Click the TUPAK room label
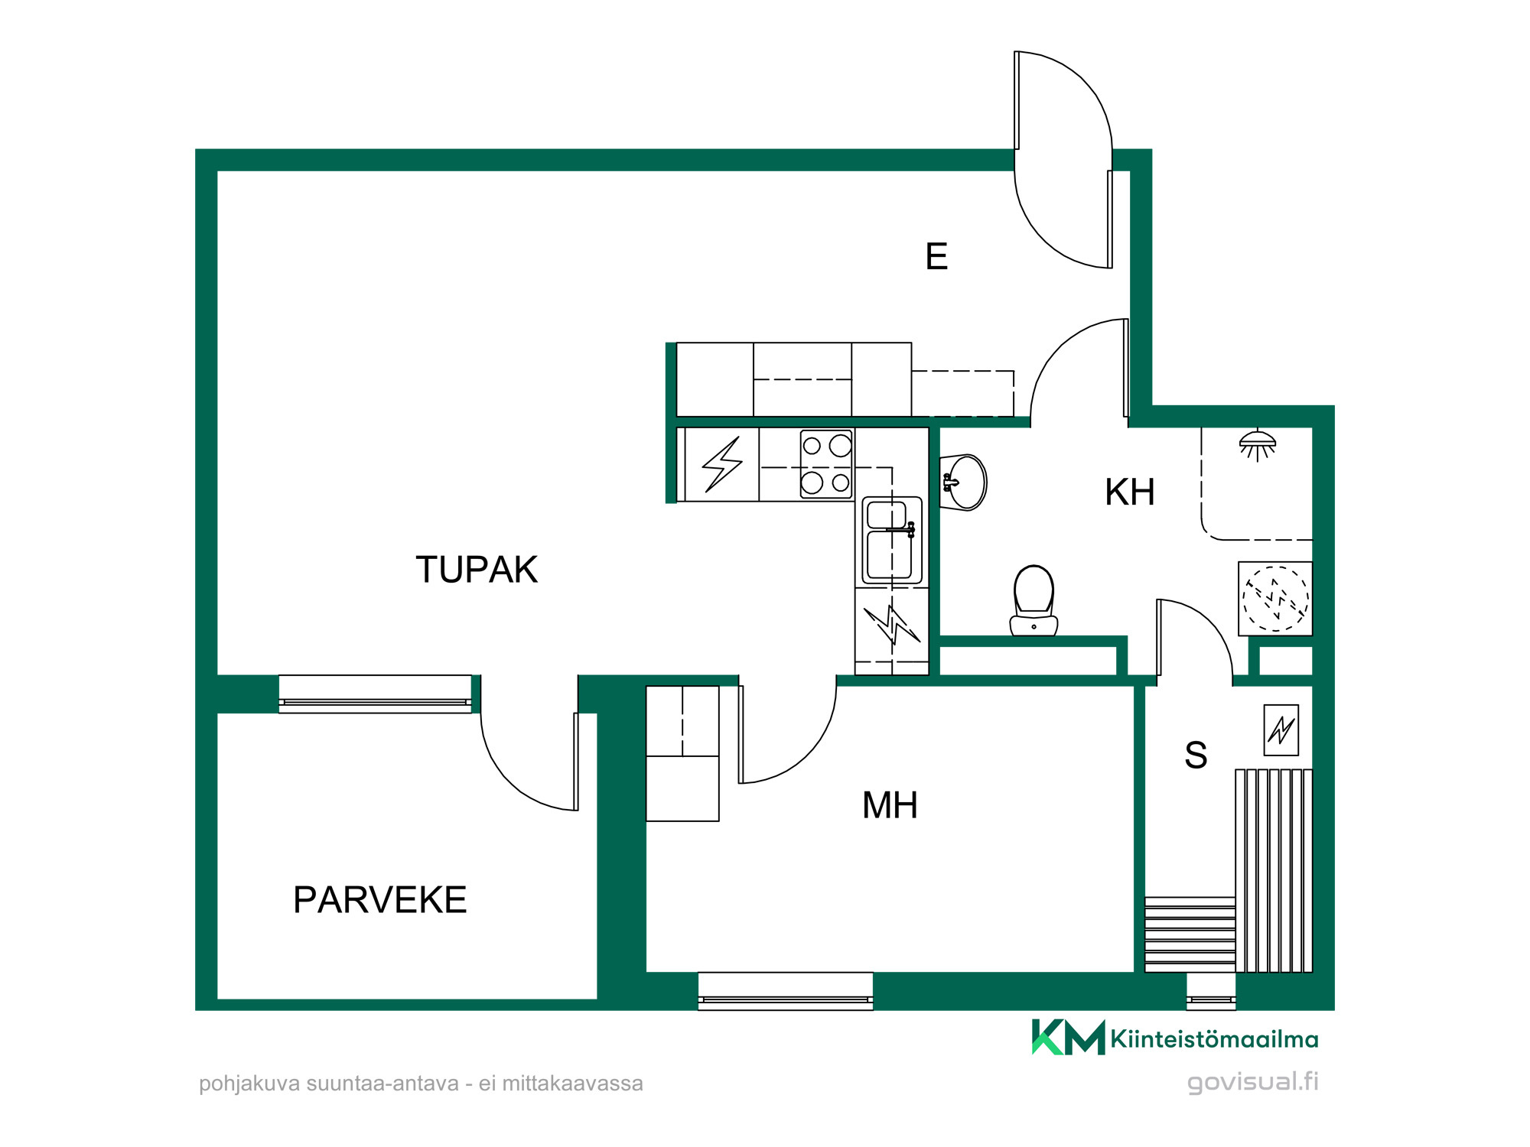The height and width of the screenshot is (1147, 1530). (477, 570)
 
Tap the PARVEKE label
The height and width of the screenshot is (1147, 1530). (380, 900)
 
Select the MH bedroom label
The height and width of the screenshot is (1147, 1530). (890, 805)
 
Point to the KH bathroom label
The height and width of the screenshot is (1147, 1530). (1130, 492)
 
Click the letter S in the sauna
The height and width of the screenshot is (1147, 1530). (1196, 755)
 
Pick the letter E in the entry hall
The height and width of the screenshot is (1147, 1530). (936, 256)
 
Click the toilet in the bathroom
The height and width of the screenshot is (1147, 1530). (1034, 600)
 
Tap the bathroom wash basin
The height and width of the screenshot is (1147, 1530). (964, 482)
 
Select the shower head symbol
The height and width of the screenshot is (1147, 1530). (1258, 446)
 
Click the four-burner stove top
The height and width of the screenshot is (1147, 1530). (826, 464)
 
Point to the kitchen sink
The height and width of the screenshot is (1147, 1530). (892, 541)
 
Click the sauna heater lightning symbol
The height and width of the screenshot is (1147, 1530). (1281, 729)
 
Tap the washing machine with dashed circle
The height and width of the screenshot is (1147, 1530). (1275, 599)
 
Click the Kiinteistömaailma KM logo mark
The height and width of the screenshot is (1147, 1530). (1068, 1037)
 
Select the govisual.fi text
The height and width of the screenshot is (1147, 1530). (1253, 1082)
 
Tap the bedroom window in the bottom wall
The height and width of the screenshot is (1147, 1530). (786, 991)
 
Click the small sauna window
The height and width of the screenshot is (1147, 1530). (1211, 991)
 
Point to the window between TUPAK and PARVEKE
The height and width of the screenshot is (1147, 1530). (375, 694)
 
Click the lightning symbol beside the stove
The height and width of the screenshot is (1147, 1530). (722, 464)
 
